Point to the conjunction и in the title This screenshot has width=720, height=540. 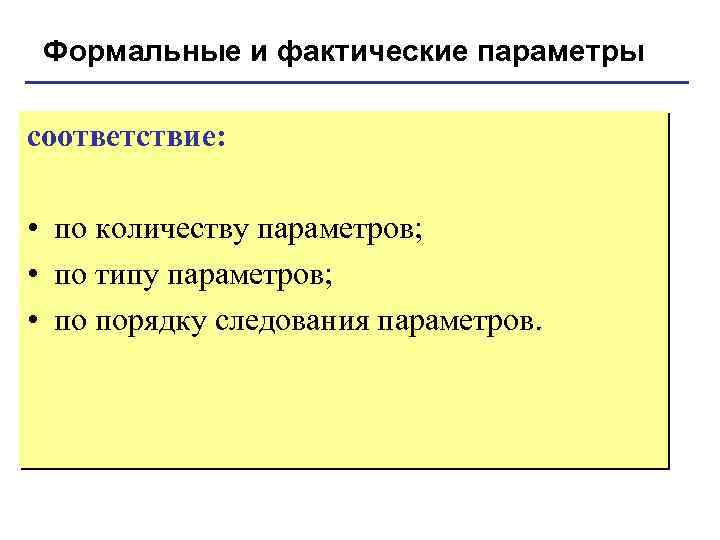point(258,51)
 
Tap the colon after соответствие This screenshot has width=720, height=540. point(221,139)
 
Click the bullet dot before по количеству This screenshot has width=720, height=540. point(34,232)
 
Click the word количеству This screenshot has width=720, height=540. point(172,232)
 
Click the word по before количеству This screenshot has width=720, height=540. point(71,232)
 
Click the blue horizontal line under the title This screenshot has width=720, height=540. point(360,82)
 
